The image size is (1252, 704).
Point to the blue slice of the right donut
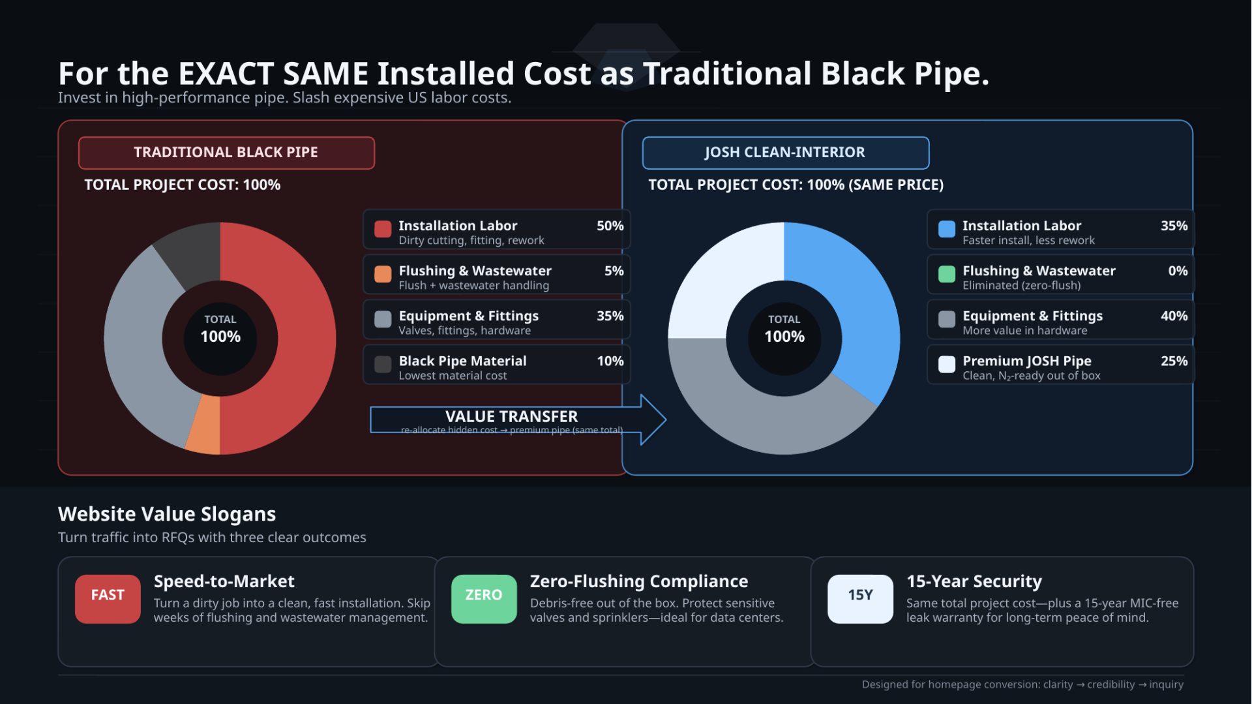(x=848, y=300)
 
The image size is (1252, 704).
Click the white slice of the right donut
(x=724, y=281)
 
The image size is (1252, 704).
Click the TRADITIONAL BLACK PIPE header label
(x=226, y=153)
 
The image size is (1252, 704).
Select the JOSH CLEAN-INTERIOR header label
(x=784, y=153)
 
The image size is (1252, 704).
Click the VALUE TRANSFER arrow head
(x=652, y=420)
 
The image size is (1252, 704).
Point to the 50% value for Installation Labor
(x=610, y=226)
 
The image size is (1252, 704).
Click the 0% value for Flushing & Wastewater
(x=1177, y=271)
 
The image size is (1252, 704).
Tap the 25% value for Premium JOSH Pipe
(x=1174, y=361)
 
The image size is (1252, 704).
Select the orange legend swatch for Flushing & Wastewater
(x=383, y=274)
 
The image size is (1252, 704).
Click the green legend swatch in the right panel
(x=947, y=274)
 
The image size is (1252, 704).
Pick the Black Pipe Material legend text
(x=462, y=361)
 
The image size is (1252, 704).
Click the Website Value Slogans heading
(x=167, y=514)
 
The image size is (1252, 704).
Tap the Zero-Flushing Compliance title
(x=638, y=581)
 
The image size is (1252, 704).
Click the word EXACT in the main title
(x=225, y=74)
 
